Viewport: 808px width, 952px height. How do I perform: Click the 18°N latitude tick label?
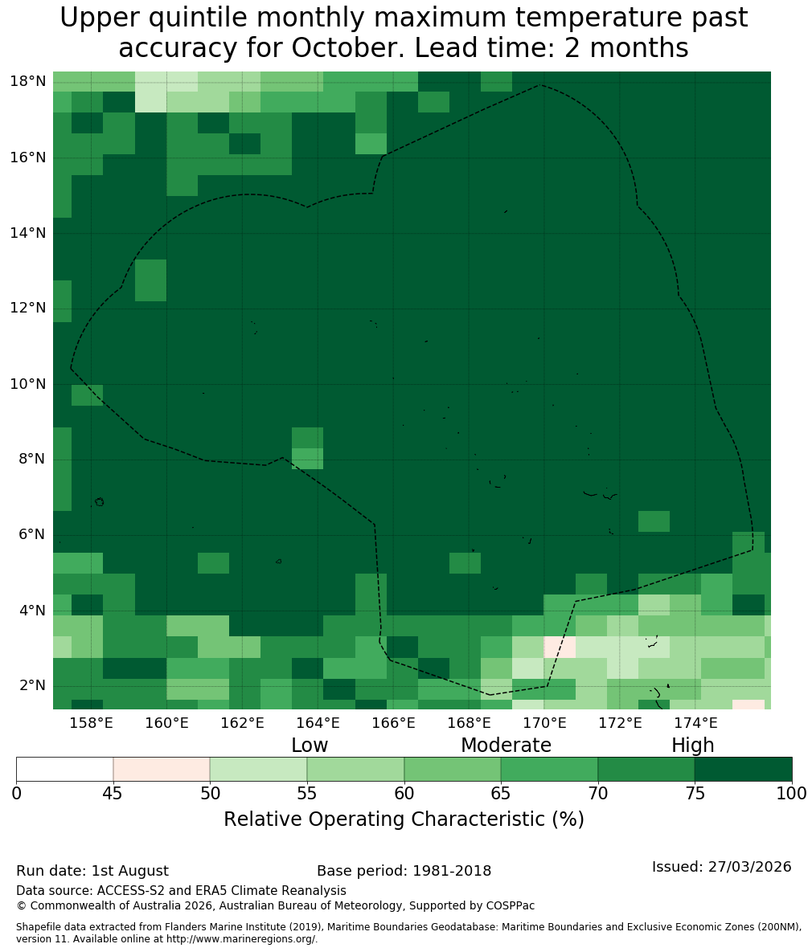tap(28, 81)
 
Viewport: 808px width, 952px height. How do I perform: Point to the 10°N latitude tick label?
tap(28, 384)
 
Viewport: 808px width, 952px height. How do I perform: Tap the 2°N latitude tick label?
tap(32, 685)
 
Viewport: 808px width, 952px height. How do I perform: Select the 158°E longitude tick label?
tap(91, 722)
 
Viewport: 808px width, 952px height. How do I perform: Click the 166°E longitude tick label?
tap(394, 722)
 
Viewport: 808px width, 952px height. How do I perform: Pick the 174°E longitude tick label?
tap(696, 722)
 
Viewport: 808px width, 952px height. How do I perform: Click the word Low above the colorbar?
tap(310, 745)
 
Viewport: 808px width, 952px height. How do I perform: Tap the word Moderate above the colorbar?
tap(506, 745)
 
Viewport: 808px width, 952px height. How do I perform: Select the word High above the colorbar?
tap(692, 746)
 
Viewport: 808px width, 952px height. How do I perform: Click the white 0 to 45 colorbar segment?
tap(65, 770)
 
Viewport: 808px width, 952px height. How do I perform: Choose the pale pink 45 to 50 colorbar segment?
tap(162, 770)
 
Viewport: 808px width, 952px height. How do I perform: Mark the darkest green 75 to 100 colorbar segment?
tap(744, 770)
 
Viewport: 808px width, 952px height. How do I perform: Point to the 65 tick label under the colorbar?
tap(501, 794)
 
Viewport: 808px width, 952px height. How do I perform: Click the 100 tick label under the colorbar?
tap(792, 794)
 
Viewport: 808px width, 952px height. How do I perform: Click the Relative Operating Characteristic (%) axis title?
tap(404, 819)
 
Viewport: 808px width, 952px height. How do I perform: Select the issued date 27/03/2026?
tap(751, 866)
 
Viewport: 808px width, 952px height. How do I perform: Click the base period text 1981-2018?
tap(452, 871)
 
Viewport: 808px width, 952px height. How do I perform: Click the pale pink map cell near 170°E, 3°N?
tap(560, 647)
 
